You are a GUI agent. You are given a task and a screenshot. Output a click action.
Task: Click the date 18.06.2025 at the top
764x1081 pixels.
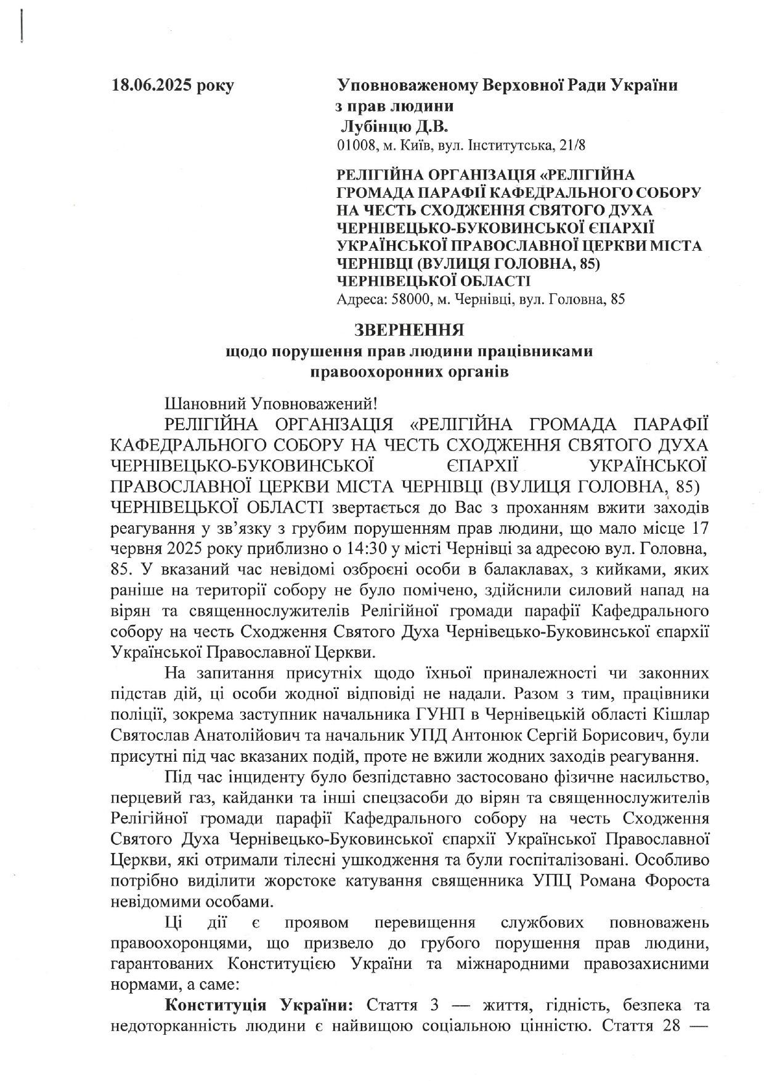click(x=152, y=86)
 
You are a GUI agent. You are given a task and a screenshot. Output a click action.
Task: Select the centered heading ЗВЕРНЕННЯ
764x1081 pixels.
click(x=409, y=330)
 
